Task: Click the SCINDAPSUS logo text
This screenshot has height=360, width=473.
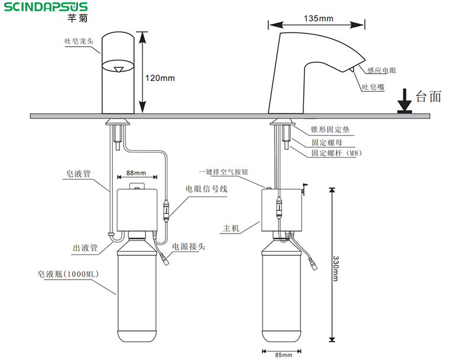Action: pos(44,7)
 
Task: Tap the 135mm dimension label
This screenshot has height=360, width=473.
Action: pos(318,18)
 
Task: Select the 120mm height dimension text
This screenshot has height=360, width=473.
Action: pos(160,77)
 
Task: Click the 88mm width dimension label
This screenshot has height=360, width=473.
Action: pos(135,173)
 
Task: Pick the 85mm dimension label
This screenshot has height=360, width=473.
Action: pos(283,355)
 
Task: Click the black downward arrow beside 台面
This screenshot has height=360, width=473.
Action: pos(404,100)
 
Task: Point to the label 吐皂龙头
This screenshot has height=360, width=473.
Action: pos(79,42)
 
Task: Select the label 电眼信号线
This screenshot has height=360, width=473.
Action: pos(206,189)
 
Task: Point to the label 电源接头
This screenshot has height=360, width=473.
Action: pos(190,246)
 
